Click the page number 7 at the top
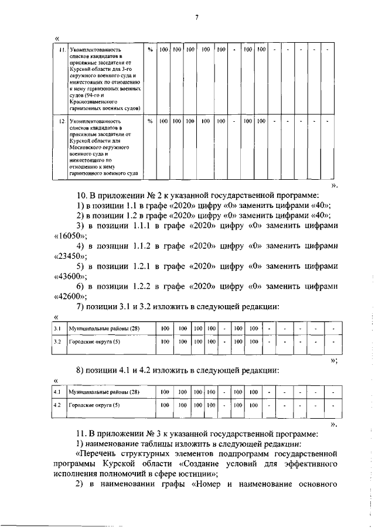[197, 17]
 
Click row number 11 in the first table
[60, 50]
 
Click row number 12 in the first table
[60, 121]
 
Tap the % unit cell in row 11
[150, 50]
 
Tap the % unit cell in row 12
[150, 121]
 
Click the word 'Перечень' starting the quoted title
[100, 453]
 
